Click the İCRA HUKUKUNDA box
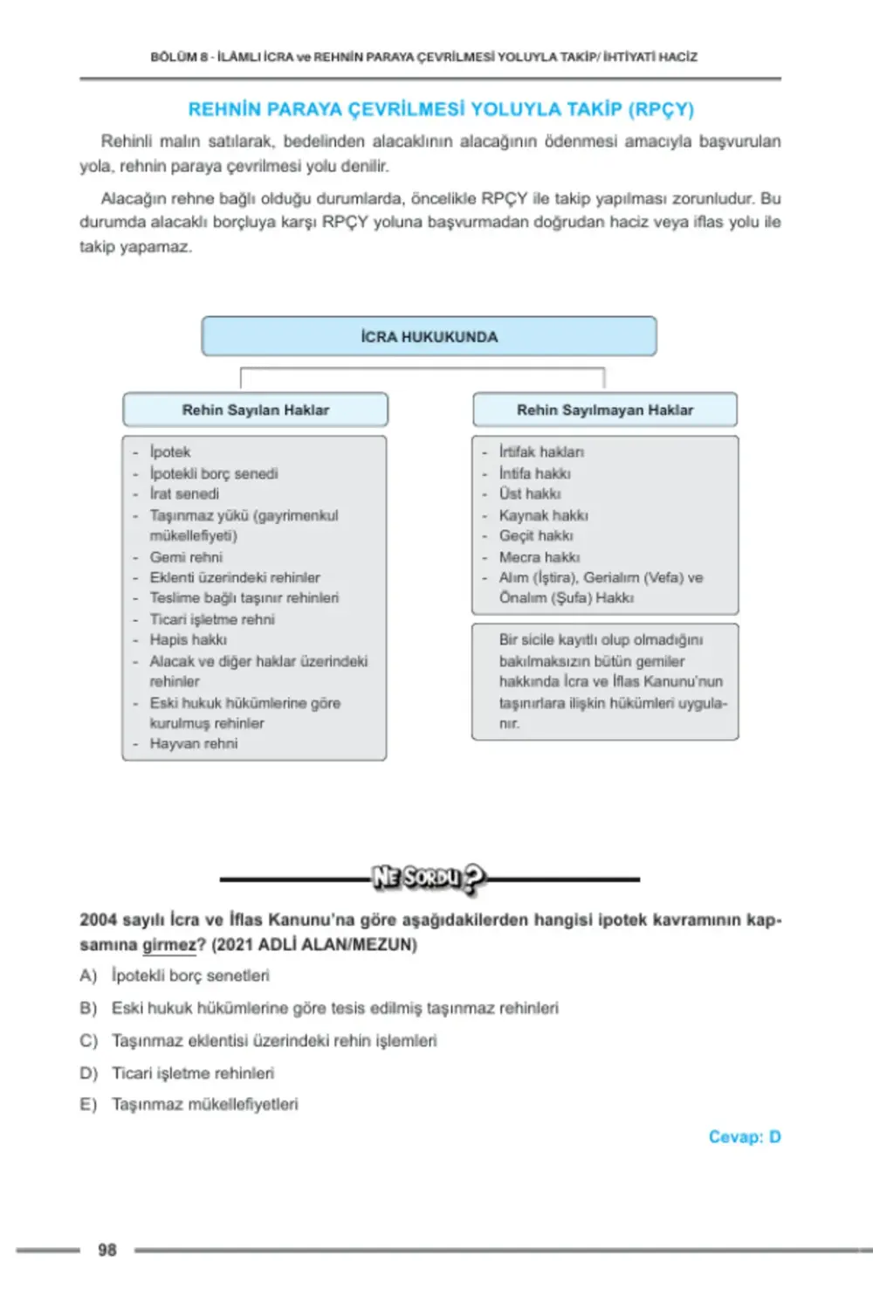pyautogui.click(x=429, y=336)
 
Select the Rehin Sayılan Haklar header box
pyautogui.click(x=255, y=410)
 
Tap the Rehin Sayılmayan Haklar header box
pyautogui.click(x=604, y=410)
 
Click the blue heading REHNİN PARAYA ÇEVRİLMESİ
pyautogui.click(x=441, y=109)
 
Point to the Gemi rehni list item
pyautogui.click(x=186, y=556)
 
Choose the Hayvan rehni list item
pyautogui.click(x=193, y=743)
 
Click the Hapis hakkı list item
pyautogui.click(x=188, y=639)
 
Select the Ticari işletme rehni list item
pyautogui.click(x=212, y=619)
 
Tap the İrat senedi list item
pyautogui.click(x=184, y=493)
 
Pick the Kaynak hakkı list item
pyautogui.click(x=543, y=515)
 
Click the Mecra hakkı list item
pyautogui.click(x=539, y=556)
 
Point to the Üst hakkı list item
pyautogui.click(x=530, y=493)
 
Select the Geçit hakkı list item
pyautogui.click(x=536, y=535)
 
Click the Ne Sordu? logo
pyautogui.click(x=428, y=878)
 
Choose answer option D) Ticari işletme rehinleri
pyautogui.click(x=192, y=1072)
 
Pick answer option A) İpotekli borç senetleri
pyautogui.click(x=189, y=975)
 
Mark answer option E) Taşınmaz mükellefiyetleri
pyautogui.click(x=204, y=1104)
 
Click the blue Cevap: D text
pyautogui.click(x=744, y=1136)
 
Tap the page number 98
pyautogui.click(x=107, y=1250)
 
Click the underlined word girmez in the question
pyautogui.click(x=169, y=944)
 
